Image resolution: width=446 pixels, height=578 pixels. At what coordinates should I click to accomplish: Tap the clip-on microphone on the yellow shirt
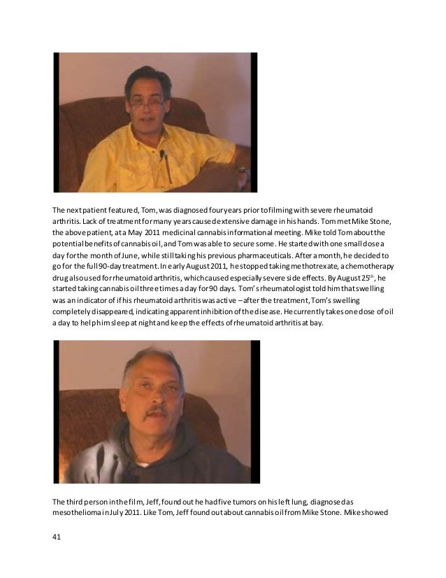point(161,153)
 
